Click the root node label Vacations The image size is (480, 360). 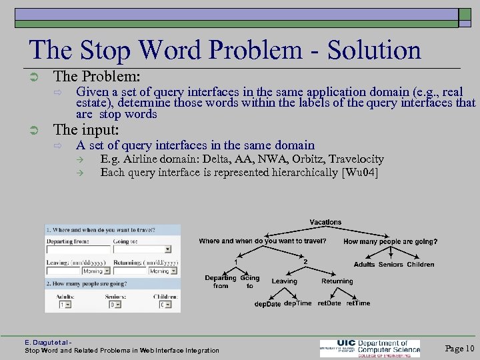coord(325,222)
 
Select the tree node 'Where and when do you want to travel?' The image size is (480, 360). coord(263,241)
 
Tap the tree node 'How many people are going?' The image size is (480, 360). coord(390,241)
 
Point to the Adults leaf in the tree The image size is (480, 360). coord(364,265)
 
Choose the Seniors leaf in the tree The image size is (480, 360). coord(391,265)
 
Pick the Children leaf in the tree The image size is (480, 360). coord(421,265)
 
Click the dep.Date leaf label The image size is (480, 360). coord(267,304)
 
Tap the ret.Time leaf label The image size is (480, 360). coord(358,304)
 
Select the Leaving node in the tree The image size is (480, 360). coord(284,281)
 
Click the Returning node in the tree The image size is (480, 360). coord(337,281)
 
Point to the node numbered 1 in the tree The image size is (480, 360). coord(235,261)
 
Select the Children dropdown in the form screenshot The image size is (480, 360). coord(165,305)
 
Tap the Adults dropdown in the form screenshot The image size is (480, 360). coord(65,305)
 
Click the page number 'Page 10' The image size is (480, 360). coord(459,349)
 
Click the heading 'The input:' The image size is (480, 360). coord(86,130)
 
